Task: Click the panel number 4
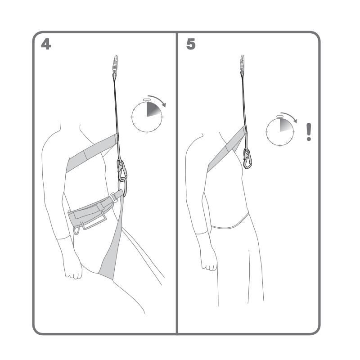pos(46,44)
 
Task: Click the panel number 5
pos(191,44)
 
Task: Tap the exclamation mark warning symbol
pos(309,132)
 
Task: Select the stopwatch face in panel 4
pos(147,117)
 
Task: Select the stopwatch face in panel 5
pos(280,132)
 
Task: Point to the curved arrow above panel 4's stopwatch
pos(158,99)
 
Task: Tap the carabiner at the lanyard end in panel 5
pos(247,159)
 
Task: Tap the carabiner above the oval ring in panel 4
pos(121,170)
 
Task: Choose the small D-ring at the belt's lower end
pos(76,229)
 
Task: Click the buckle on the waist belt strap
pos(113,198)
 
